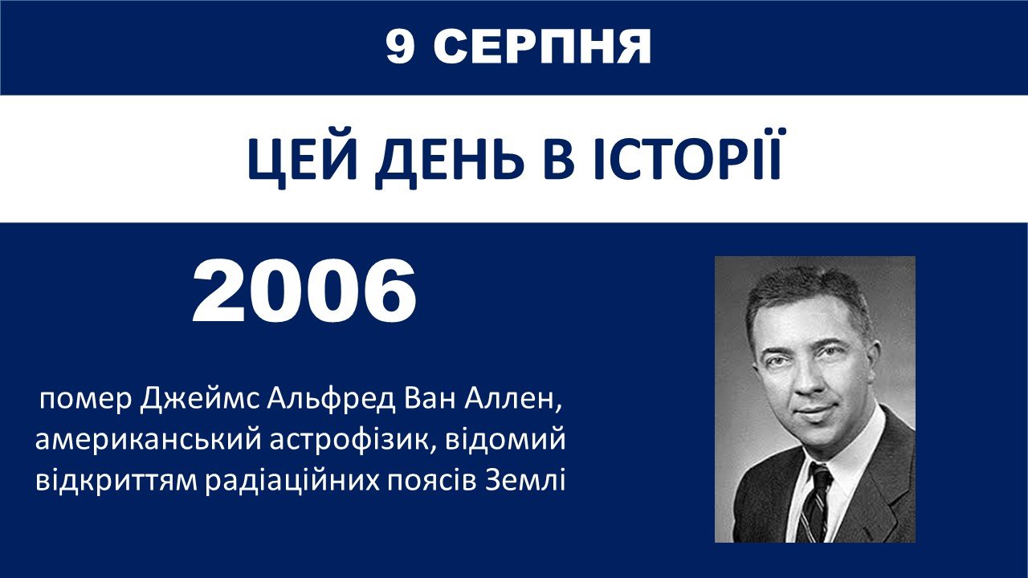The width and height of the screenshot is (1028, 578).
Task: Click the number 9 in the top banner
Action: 400,47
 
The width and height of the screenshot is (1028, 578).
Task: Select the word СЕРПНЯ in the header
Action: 542,47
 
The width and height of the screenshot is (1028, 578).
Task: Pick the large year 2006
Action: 304,291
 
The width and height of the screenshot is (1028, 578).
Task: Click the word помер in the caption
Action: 85,401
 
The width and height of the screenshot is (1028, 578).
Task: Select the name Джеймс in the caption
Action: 200,400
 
